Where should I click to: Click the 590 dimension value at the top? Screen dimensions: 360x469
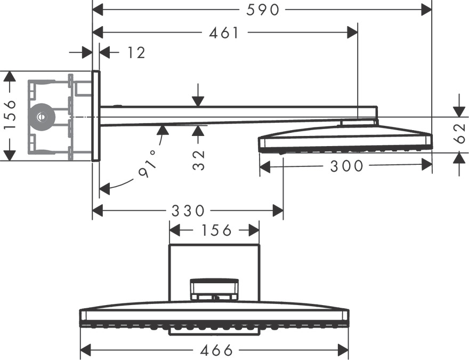tap(264, 9)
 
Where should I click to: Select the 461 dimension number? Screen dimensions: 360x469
tap(224, 33)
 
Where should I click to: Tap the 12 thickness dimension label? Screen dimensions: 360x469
tap(136, 52)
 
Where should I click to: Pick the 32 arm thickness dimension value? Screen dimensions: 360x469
tap(199, 159)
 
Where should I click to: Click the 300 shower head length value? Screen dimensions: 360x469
tap(346, 166)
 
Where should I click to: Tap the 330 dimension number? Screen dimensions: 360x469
tap(188, 211)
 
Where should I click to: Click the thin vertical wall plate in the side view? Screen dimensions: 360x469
tap(95, 115)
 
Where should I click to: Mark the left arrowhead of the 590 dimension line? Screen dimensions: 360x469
tap(98, 9)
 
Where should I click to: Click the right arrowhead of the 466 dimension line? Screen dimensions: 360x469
tap(344, 350)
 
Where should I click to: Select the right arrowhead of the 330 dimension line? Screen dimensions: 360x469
tap(278, 211)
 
